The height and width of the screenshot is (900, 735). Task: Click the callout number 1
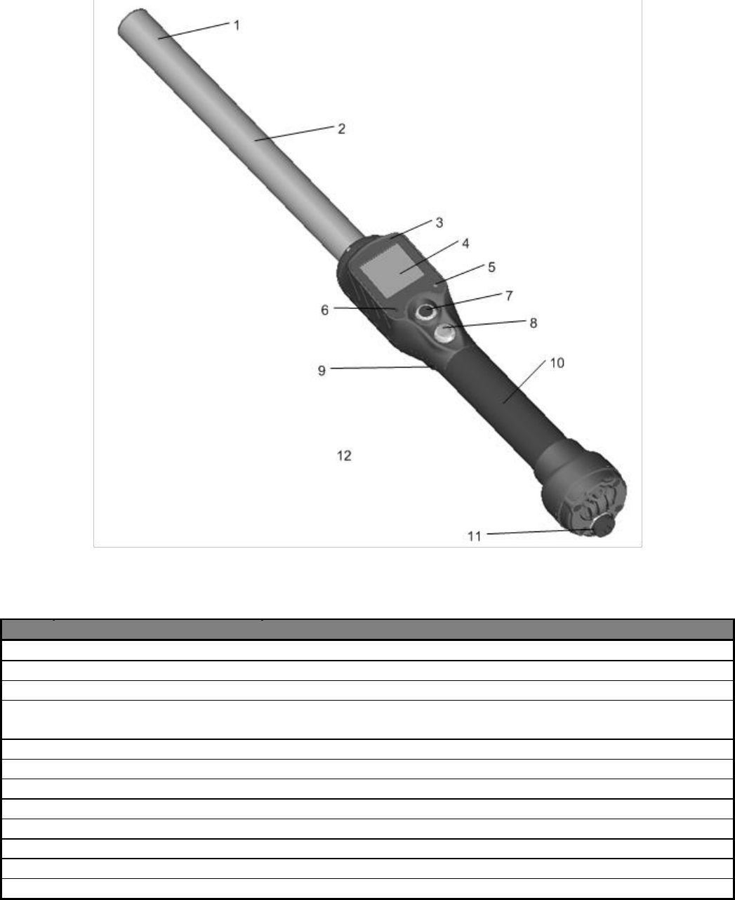(237, 25)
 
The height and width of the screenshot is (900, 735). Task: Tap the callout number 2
(341, 129)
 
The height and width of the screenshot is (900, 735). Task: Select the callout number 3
(439, 223)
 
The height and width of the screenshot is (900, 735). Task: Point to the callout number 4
(465, 244)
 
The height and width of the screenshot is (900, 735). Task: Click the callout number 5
(491, 267)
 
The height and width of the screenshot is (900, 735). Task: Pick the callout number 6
(325, 310)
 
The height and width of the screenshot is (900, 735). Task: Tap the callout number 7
(509, 296)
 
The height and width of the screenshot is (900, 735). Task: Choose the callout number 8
(533, 324)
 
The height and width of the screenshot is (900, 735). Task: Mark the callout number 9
(322, 371)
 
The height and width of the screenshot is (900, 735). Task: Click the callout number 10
(557, 363)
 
